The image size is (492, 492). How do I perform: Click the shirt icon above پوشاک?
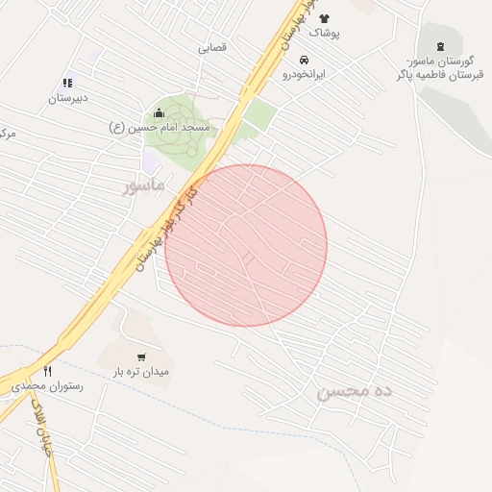click(x=324, y=18)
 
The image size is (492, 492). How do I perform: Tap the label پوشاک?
click(x=324, y=33)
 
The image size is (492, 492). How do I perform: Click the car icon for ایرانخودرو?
click(x=305, y=60)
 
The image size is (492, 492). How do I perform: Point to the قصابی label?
click(x=212, y=47)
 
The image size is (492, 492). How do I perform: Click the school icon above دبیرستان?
click(x=67, y=84)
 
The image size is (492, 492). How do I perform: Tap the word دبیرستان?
click(x=68, y=98)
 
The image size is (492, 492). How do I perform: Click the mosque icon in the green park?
click(x=159, y=113)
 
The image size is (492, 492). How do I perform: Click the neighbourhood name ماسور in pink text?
click(x=144, y=183)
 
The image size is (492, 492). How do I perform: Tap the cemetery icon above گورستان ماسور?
click(x=441, y=48)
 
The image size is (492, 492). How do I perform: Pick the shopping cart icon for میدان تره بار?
click(x=141, y=357)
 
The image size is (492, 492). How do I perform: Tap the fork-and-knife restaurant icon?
click(x=47, y=371)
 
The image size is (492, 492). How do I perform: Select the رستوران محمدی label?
click(x=48, y=385)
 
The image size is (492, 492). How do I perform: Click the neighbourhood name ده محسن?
click(x=355, y=392)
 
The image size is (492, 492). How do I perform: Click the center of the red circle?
click(x=246, y=245)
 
